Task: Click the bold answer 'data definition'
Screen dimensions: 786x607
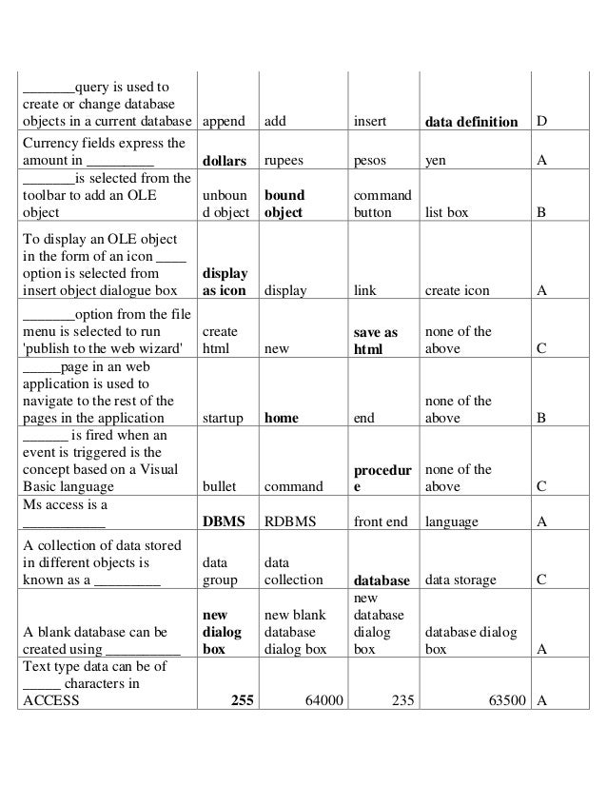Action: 471,122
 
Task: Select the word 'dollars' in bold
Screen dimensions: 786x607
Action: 225,161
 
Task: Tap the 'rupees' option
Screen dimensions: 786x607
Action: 284,161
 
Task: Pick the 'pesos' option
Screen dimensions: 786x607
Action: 371,161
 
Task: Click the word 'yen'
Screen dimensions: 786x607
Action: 435,161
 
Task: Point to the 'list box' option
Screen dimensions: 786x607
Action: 446,213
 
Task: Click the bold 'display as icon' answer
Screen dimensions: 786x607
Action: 225,282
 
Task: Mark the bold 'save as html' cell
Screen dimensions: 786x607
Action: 375,341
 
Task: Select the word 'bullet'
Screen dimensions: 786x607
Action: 220,487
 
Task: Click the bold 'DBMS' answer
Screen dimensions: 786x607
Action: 224,521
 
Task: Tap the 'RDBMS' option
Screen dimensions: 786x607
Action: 290,521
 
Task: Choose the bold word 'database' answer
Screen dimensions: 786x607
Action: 381,580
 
